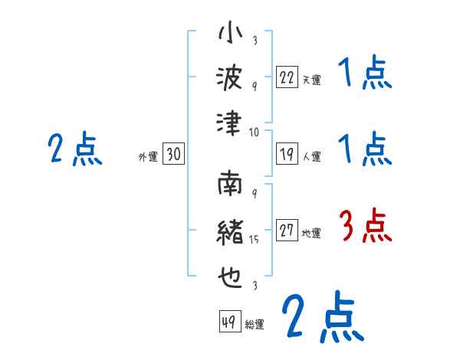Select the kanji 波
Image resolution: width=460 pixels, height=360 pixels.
coord(230,77)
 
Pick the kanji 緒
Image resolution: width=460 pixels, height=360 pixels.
coord(230,231)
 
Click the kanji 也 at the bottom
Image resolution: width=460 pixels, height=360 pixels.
coord(230,272)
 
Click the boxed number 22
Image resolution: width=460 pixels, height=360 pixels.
coord(287,78)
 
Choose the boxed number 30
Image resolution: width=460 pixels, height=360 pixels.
coord(173,155)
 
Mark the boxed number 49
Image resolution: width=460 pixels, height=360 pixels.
coord(228,322)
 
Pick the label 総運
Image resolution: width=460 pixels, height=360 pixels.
coord(254,324)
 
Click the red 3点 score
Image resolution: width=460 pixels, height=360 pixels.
coord(365,226)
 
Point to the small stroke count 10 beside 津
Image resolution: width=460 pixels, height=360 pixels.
coord(254,132)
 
